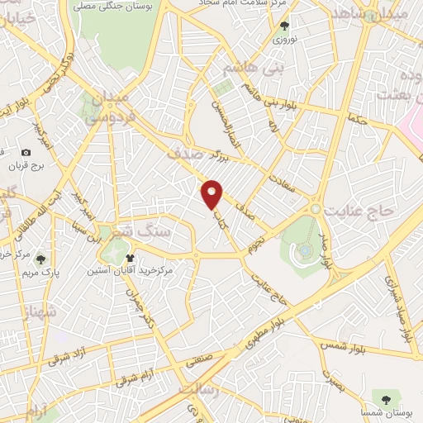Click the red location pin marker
click(213, 194)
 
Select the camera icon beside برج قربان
click(26, 153)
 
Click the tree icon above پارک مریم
click(41, 259)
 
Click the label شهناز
click(16, 313)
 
